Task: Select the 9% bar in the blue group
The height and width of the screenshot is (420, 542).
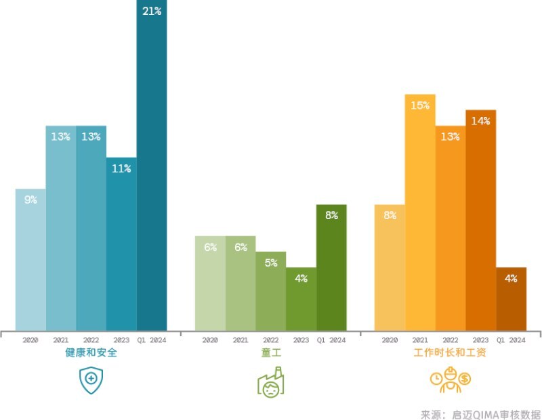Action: click(x=30, y=260)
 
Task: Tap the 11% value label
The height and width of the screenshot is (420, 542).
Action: click(x=121, y=168)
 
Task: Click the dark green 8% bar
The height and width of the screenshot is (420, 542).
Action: click(x=331, y=267)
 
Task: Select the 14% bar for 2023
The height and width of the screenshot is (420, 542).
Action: click(x=480, y=220)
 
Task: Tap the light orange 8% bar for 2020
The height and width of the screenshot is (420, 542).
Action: click(x=390, y=267)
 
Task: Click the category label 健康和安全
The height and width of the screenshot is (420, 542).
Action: click(x=91, y=353)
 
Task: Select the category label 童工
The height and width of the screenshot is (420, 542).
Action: click(x=270, y=353)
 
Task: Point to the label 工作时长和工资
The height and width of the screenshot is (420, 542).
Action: click(x=451, y=353)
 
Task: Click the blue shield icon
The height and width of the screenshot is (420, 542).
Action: click(x=91, y=381)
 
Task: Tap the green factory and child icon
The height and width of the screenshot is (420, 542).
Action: click(x=270, y=383)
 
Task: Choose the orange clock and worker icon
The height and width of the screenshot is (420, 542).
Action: click(x=450, y=381)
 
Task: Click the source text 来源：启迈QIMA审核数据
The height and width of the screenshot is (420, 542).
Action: click(x=480, y=414)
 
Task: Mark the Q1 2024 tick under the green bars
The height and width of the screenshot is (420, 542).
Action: click(x=331, y=340)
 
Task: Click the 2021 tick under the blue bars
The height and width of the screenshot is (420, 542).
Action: click(x=60, y=340)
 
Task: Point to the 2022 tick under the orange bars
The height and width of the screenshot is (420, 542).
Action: click(x=450, y=340)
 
